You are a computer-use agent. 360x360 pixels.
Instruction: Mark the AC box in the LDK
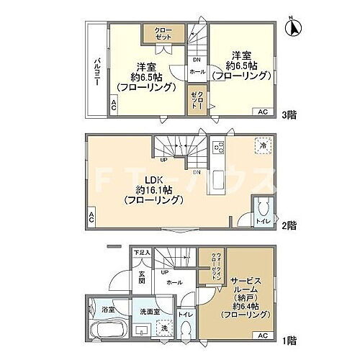click(91, 216)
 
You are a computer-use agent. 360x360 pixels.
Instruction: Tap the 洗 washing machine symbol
click(165, 328)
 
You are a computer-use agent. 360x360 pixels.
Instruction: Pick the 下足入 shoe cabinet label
click(141, 252)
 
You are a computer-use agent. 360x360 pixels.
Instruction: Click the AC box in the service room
click(262, 336)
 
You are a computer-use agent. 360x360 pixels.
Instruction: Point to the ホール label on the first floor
click(173, 284)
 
